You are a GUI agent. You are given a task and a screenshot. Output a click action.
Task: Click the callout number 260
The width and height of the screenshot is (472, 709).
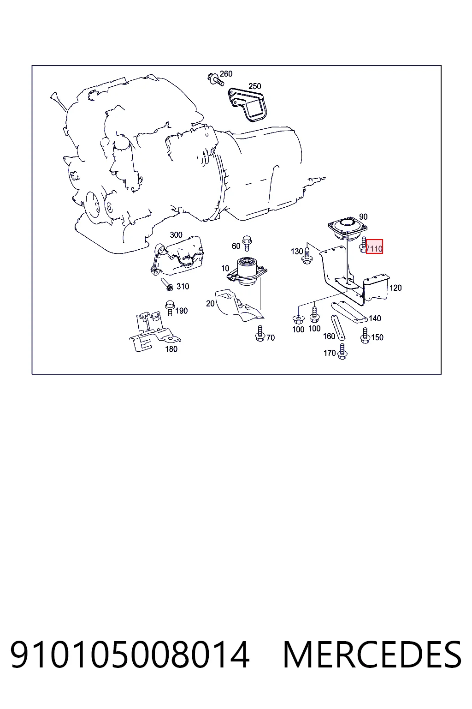[226, 74]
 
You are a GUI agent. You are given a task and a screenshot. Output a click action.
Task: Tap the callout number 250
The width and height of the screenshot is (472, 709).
[255, 86]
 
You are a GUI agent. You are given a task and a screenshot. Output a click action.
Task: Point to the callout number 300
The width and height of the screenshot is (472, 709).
[176, 234]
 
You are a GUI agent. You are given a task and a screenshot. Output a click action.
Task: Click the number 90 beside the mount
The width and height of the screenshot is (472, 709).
[363, 217]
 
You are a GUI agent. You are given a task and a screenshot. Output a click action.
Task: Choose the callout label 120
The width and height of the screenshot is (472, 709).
[395, 288]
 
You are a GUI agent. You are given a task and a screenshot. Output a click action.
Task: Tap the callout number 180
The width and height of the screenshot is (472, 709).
[171, 349]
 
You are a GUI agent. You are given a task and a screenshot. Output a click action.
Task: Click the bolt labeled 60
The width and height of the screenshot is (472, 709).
[247, 243]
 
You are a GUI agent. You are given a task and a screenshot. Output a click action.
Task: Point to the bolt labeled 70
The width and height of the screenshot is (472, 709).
[260, 333]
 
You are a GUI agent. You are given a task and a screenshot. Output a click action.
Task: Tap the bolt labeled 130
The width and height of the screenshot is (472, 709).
[307, 256]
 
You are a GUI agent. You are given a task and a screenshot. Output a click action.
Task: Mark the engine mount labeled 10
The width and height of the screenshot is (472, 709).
[247, 271]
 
